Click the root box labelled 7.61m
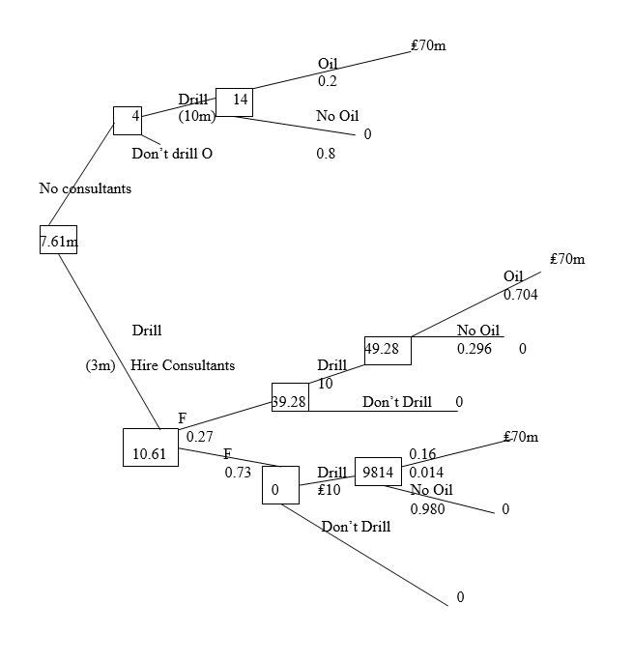(x=58, y=240)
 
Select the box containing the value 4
(x=128, y=120)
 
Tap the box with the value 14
(x=234, y=101)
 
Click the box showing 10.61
(x=150, y=446)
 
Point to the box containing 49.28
(x=388, y=350)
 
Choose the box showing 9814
(x=378, y=472)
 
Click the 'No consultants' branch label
(x=85, y=188)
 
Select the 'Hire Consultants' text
(x=183, y=365)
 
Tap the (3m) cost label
(x=100, y=365)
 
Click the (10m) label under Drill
(x=196, y=116)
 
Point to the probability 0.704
(x=521, y=293)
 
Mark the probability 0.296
(x=474, y=348)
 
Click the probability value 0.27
(x=199, y=437)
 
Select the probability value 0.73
(x=238, y=473)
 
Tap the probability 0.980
(x=427, y=508)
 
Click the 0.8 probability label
(x=326, y=153)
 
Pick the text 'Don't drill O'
(x=172, y=153)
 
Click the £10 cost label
(x=330, y=490)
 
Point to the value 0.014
(x=426, y=472)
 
